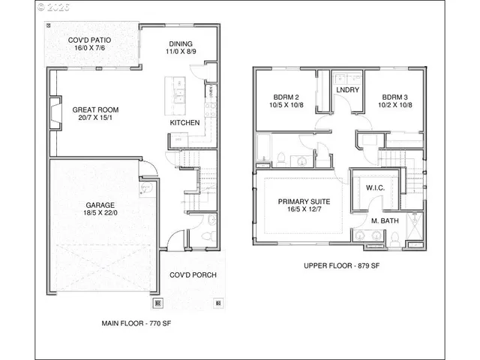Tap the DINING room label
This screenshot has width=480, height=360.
179,43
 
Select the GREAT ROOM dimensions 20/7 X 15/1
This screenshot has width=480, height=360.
95,118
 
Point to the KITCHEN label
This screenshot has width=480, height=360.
184,121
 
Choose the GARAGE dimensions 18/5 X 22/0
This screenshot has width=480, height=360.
100,213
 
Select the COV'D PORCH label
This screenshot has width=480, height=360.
193,275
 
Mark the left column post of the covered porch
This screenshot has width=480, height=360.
158,304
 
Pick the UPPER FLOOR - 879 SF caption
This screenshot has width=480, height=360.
341,265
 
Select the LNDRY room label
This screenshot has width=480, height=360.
348,91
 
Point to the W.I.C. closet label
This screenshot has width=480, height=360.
375,187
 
